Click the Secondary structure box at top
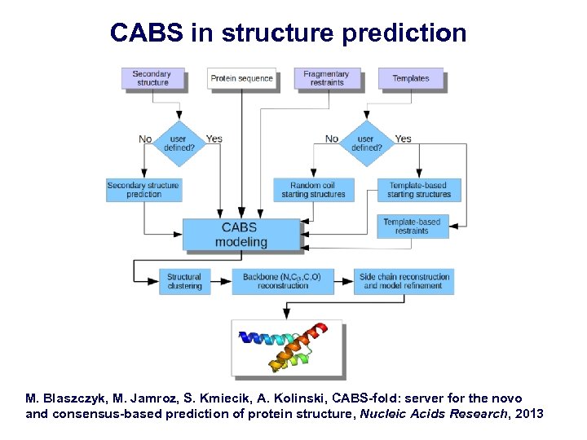[x=152, y=78]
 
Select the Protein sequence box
[x=241, y=78]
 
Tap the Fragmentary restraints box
[x=326, y=78]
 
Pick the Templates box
[x=411, y=78]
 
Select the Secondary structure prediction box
[x=144, y=190]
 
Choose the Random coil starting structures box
[x=312, y=190]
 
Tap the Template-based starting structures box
[x=419, y=190]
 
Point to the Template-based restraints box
[x=413, y=226]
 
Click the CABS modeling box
[x=241, y=235]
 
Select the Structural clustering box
[x=185, y=281]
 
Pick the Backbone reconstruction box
[x=282, y=281]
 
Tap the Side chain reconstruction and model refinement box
[x=404, y=281]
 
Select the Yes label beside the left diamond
[x=214, y=139]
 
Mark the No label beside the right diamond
[x=332, y=139]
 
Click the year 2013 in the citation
[x=528, y=414]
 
